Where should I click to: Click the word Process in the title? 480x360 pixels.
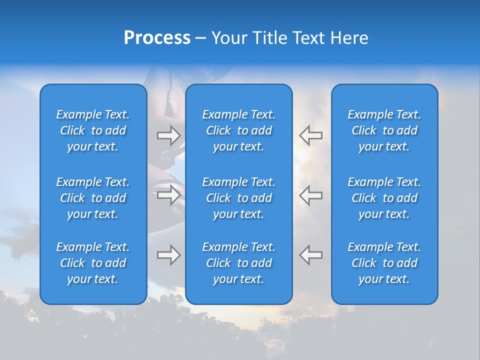[157, 38]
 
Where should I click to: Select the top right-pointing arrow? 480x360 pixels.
[169, 135]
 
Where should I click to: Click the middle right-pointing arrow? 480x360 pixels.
[169, 195]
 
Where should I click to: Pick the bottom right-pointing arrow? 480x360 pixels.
[169, 255]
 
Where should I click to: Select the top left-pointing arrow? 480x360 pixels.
[310, 135]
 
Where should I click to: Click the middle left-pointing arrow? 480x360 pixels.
[310, 195]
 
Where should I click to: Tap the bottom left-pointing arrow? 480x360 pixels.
[310, 255]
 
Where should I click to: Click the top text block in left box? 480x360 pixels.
[93, 130]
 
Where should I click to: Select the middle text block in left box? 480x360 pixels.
[93, 198]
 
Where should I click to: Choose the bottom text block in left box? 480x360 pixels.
[93, 263]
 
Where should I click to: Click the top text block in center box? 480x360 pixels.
[238, 130]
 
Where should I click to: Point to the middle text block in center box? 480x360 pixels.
[238, 198]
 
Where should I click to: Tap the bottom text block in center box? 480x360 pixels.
[238, 263]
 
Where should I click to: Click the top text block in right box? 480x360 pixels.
[384, 130]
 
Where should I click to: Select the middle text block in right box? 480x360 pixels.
[384, 198]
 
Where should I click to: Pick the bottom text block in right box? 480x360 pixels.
[384, 263]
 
